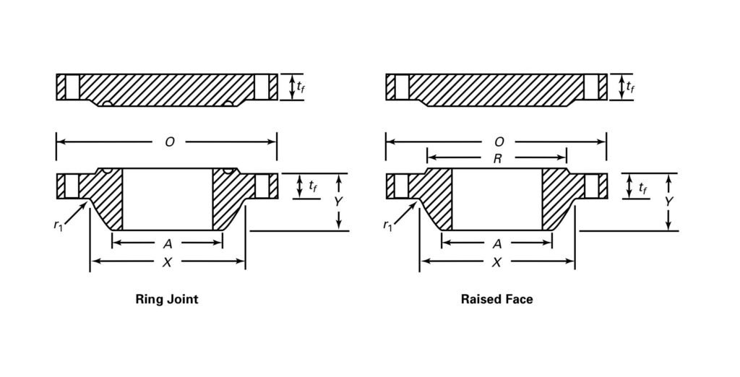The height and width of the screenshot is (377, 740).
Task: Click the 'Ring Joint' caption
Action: point(167,298)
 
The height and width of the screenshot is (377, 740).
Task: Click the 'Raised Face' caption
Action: point(496,298)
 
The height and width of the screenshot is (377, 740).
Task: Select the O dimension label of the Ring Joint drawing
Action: point(169,142)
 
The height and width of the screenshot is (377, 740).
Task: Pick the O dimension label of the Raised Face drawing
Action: point(498,142)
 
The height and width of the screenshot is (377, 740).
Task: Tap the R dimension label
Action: point(497,159)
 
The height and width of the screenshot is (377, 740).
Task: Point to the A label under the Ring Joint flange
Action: point(168,244)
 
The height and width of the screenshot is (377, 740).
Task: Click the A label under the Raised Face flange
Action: point(496,244)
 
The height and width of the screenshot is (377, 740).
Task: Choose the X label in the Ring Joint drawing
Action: point(167,263)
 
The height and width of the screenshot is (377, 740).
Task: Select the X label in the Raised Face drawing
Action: point(496,263)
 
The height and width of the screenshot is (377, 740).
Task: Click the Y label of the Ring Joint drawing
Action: point(337,202)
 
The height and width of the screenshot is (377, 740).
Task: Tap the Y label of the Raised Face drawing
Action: point(668,202)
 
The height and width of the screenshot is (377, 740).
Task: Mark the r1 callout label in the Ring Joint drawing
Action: point(58,225)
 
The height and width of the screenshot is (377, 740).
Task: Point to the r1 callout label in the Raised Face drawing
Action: point(387,225)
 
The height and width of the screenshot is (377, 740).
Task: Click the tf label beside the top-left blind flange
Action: point(301,87)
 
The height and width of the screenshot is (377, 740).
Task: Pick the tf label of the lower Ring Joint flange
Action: point(313,186)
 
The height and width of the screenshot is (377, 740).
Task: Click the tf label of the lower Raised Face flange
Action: point(642,186)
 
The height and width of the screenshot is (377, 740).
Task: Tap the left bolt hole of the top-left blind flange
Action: point(71,87)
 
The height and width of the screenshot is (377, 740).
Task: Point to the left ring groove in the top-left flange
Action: point(107,104)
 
